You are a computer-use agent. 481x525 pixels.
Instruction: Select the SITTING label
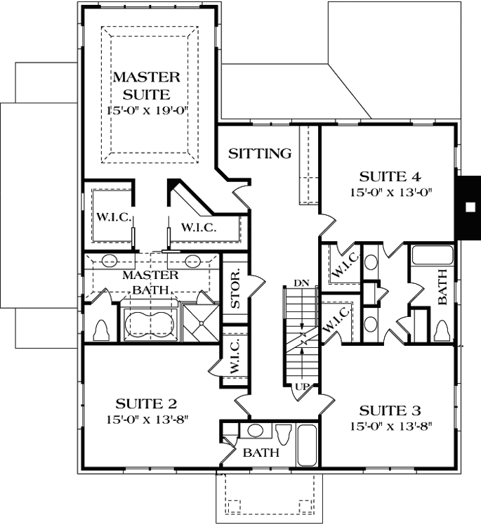(x=260, y=153)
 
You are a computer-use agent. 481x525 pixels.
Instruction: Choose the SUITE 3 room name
(x=390, y=410)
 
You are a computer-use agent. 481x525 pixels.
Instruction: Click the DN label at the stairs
(x=301, y=283)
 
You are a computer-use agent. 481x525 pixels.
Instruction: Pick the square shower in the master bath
(x=203, y=324)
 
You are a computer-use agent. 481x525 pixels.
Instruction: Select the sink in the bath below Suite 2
(x=256, y=430)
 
